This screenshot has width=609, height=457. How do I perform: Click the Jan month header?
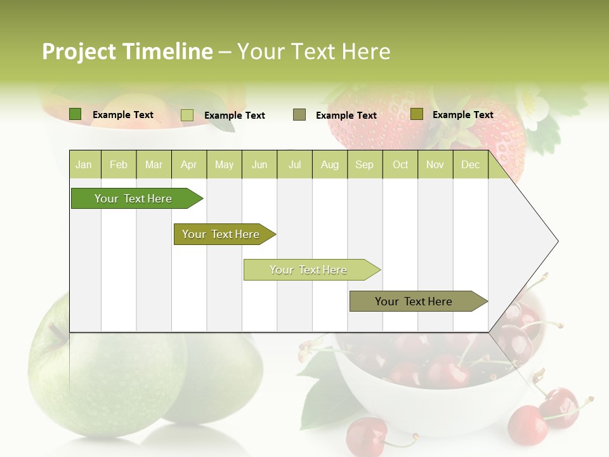pos(84,164)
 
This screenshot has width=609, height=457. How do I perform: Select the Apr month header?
pos(189,164)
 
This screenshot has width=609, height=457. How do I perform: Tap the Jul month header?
pos(294,164)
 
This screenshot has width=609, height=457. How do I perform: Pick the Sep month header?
pos(364,164)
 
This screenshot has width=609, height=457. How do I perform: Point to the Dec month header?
pos(470,164)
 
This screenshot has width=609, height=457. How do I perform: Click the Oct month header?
pos(400,164)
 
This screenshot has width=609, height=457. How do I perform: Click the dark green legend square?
pos(75,114)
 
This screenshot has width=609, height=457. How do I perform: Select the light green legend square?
pos(187,115)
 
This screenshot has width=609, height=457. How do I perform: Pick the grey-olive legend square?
pos(299,115)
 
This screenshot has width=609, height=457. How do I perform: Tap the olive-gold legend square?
pos(416,114)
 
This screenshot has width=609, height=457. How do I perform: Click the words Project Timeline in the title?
pos(127,51)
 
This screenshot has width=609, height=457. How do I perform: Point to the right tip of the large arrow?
pos(557,241)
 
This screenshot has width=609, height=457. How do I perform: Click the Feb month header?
pos(119,164)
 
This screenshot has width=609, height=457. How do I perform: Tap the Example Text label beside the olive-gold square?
pos(462,115)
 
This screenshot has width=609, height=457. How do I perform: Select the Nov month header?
pos(435,164)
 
